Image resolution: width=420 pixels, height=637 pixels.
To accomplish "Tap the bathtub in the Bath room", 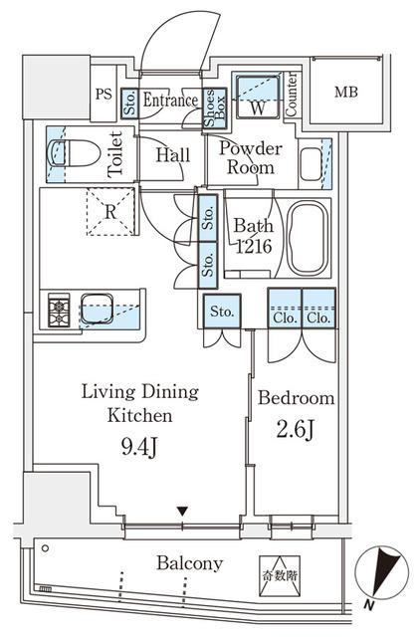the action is (308, 238).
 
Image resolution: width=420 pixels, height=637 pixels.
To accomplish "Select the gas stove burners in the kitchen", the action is (59, 310).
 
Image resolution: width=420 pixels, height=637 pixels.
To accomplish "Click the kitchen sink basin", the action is (97, 309).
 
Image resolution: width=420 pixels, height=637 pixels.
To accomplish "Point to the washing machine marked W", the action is (257, 97).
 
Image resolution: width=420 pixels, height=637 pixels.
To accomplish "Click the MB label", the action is (346, 93).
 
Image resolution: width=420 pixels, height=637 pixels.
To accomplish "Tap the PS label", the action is (104, 95).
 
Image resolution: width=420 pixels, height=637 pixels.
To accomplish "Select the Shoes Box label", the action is (214, 107).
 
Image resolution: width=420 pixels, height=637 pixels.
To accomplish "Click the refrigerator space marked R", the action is (110, 212).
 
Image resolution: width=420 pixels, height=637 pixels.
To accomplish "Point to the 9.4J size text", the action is (138, 448).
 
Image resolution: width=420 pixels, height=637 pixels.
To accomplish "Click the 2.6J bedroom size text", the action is (295, 430).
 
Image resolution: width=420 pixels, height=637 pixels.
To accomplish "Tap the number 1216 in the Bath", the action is (254, 246).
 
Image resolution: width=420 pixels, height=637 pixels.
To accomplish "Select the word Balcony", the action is (190, 564).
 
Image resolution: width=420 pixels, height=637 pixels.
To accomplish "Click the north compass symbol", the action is (381, 573).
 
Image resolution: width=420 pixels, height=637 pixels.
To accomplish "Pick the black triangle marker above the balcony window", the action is (183, 511).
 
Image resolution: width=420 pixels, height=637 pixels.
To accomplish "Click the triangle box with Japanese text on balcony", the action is (280, 576).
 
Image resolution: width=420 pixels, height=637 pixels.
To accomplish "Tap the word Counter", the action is (292, 95).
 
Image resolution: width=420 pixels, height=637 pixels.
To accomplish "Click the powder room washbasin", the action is (312, 164).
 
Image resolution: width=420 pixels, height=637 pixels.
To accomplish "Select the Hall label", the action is (173, 155).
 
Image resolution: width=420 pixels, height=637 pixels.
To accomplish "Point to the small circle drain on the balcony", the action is (45, 548).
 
